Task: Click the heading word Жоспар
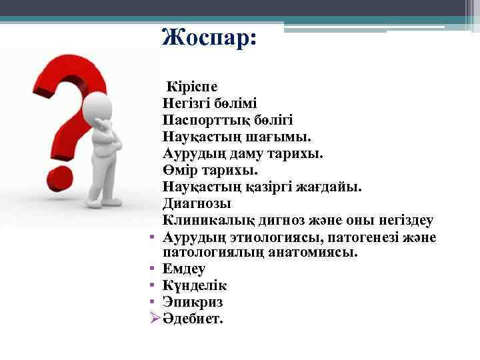pyautogui.click(x=209, y=37)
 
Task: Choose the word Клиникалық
pyautogui.click(x=207, y=220)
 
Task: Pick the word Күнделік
pyautogui.click(x=194, y=286)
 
